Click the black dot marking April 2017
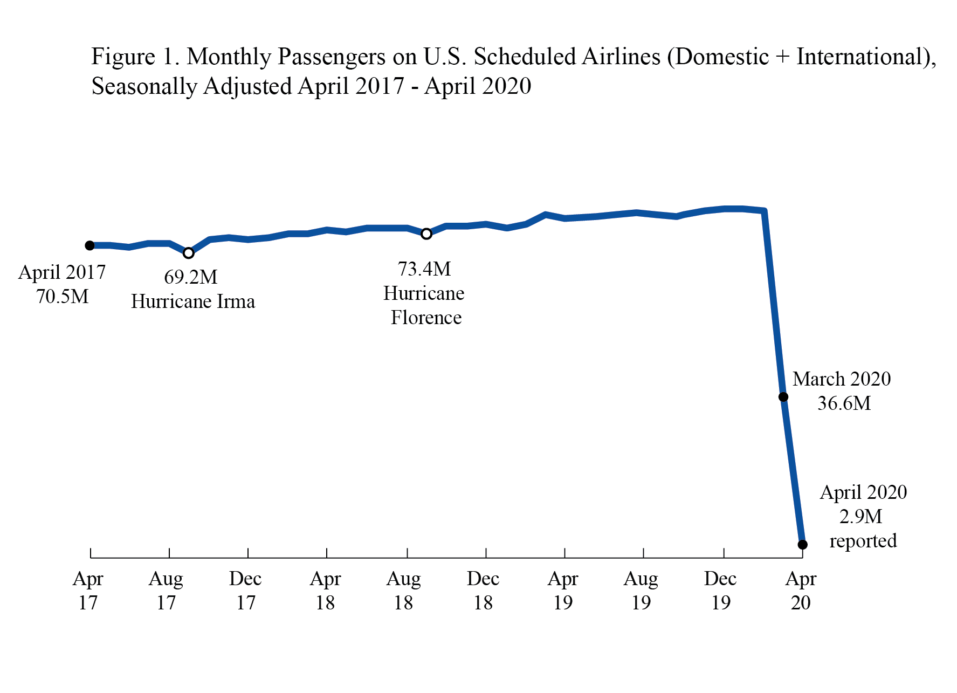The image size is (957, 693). coord(90,245)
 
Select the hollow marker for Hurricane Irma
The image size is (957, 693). coord(188,253)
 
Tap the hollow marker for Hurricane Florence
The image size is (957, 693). coord(426,234)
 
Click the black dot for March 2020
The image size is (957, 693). coord(783,397)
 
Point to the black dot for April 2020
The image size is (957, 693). coord(802,545)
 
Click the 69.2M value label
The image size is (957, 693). coord(191,277)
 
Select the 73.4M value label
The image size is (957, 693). coord(424,269)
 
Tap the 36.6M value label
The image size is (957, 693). coord(844,403)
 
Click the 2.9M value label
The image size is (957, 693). coord(860,517)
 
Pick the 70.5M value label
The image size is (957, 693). coord(62,297)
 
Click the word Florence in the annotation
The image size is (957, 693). coord(426,318)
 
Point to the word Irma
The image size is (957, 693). coord(236,301)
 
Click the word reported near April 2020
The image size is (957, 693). coord(863,541)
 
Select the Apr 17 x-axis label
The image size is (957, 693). coord(88,591)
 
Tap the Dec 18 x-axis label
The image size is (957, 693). coord(483,591)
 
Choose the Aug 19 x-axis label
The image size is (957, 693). coord(641,591)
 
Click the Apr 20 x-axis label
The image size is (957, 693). coord(801,591)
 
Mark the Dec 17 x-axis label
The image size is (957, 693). coord(245,591)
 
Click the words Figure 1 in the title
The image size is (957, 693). coord(135,57)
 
